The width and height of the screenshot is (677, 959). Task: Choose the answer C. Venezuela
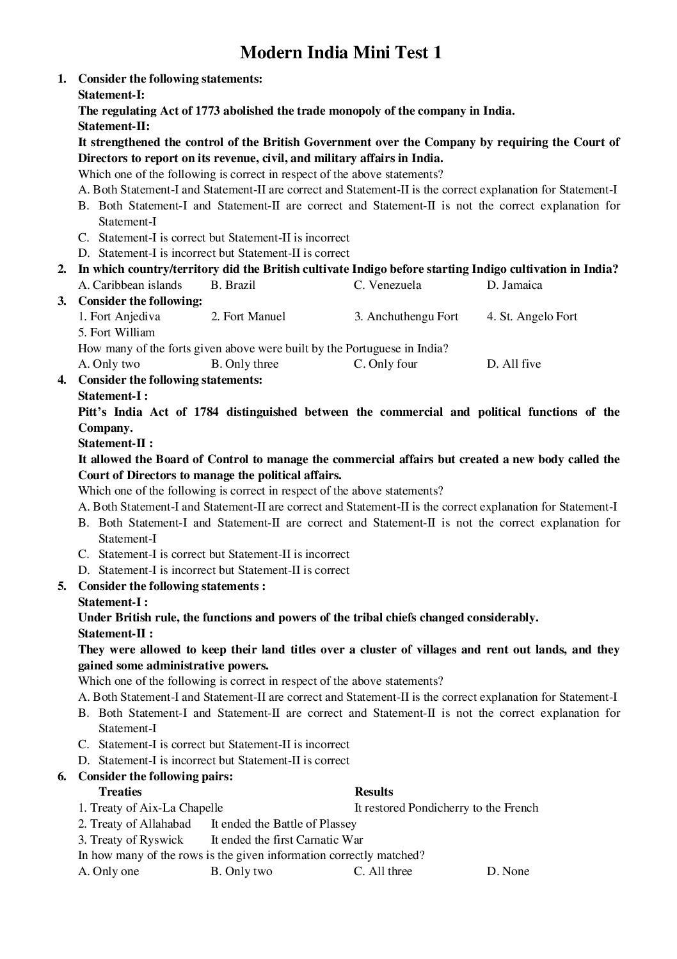(x=387, y=285)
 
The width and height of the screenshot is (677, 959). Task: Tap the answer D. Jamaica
(x=514, y=285)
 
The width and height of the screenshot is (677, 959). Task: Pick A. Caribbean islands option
(x=130, y=285)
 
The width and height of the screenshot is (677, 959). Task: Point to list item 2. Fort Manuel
(x=248, y=316)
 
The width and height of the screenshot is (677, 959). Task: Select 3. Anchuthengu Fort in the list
(x=406, y=316)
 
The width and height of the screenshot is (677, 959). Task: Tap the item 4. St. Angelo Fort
(x=532, y=316)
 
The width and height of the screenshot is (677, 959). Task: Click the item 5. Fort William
(x=116, y=332)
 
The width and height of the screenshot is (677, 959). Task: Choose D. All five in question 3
(x=513, y=364)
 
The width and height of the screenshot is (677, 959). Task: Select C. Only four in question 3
(x=385, y=364)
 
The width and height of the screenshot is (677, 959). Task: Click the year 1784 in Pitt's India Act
(x=206, y=412)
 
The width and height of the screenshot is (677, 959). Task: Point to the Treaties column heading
(x=120, y=792)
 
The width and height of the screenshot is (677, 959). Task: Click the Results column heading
(x=374, y=792)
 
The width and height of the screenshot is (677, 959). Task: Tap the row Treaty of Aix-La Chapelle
(x=150, y=808)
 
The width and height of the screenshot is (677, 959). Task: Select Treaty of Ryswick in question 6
(x=131, y=840)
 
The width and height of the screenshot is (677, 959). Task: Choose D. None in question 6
(x=507, y=871)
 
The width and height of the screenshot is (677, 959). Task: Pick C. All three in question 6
(x=383, y=871)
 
